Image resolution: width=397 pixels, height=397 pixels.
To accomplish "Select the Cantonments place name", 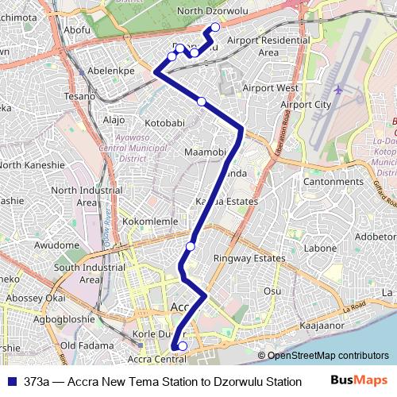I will (333, 182).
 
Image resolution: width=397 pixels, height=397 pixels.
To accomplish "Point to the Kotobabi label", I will (165, 123).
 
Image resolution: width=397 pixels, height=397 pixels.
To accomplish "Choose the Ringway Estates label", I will (249, 258).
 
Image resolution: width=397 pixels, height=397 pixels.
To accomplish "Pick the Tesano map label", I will (79, 96).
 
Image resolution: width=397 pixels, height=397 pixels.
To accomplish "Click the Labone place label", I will (321, 248).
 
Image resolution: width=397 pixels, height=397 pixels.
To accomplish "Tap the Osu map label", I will (272, 291).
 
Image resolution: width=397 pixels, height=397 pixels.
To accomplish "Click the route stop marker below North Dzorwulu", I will (214, 29).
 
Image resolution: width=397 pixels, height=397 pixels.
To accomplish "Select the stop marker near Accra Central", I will (182, 345).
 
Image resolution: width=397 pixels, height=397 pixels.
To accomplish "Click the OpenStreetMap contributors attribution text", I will (328, 356).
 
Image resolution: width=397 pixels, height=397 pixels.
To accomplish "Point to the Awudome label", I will (56, 245).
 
